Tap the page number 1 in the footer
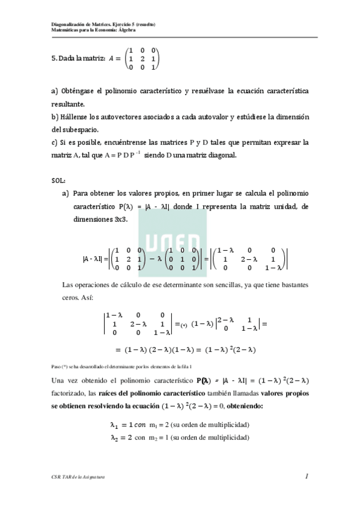tap(307, 476)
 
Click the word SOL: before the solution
tap(59, 179)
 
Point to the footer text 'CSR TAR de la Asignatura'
tap(78, 477)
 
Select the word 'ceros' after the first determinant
tap(72, 298)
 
